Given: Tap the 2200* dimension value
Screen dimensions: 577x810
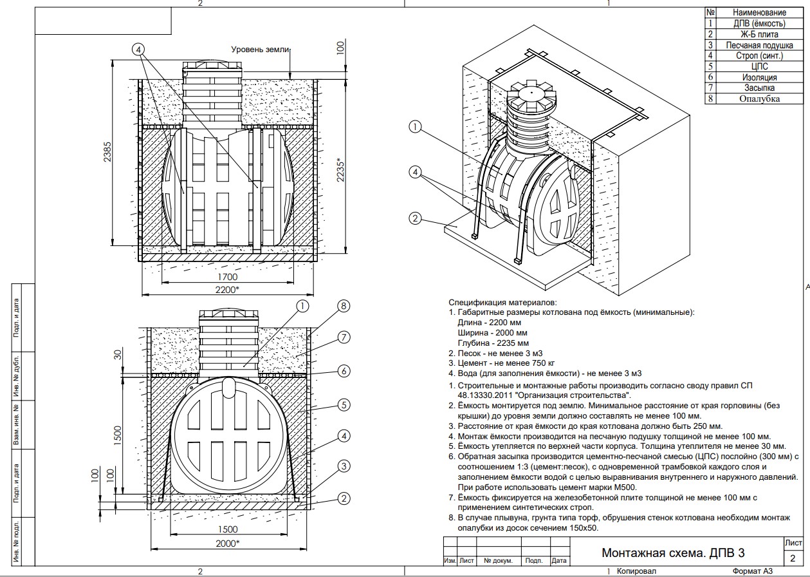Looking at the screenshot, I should tap(227, 290).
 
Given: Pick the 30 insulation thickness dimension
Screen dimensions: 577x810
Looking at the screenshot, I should tap(118, 354).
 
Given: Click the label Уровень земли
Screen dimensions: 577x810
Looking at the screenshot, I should tap(261, 50).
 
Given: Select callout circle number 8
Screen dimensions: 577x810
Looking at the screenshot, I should tap(344, 306).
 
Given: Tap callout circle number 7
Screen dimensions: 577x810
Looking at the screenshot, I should tap(344, 337).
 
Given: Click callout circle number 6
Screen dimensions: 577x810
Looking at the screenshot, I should tap(344, 371).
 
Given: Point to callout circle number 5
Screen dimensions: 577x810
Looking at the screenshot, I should tap(344, 405).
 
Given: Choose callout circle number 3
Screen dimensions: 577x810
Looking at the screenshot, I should tap(344, 466).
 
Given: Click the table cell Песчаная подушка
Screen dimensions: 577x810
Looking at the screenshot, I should tap(759, 45).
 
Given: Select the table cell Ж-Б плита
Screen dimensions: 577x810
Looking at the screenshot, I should tap(759, 34).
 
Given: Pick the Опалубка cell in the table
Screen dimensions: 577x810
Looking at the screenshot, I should tap(759, 99).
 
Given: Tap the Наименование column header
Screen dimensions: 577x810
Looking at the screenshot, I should tap(759, 12).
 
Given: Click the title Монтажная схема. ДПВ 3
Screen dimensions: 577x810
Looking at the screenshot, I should tap(674, 553).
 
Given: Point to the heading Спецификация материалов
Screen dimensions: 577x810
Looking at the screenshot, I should tap(502, 302).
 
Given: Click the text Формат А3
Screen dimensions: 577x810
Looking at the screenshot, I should tap(751, 571).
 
